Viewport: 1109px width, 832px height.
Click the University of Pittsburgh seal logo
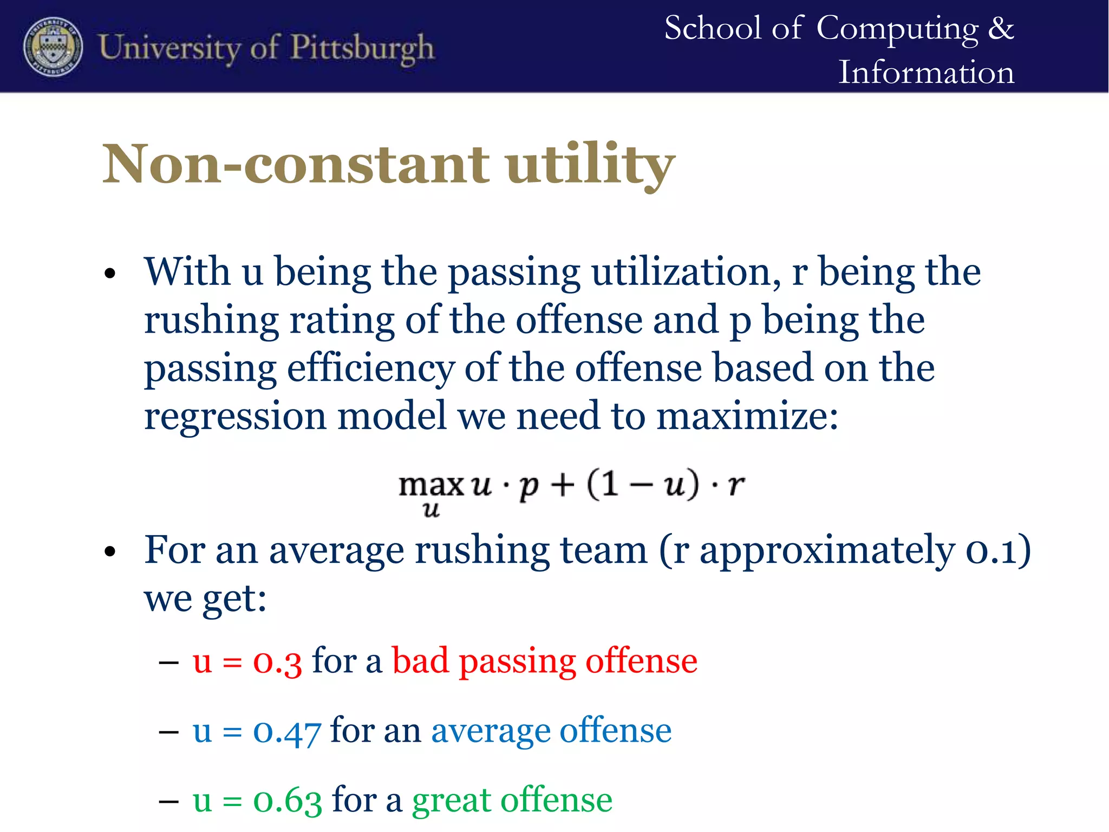[x=53, y=47]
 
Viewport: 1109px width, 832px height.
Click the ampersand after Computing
[x=1001, y=28]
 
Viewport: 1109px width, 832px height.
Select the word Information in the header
[x=926, y=73]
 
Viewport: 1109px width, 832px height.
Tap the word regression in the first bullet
[x=235, y=417]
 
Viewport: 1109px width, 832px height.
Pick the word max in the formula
[x=431, y=485]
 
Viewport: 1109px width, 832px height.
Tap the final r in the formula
[x=735, y=484]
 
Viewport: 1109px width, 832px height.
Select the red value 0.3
[x=277, y=661]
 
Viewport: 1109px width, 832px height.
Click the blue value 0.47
[x=287, y=731]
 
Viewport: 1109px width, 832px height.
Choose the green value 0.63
[x=287, y=801]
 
